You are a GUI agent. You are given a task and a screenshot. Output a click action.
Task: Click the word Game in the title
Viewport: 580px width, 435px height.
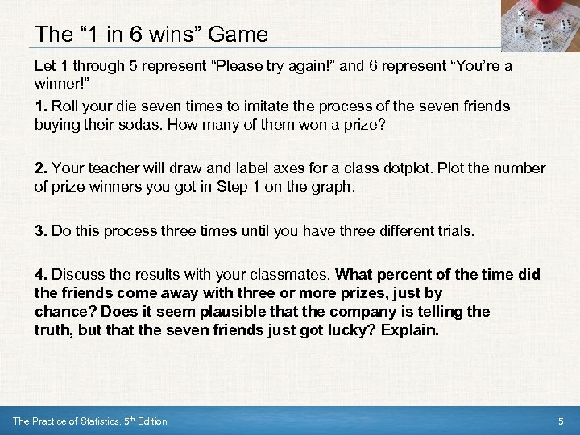pos(238,34)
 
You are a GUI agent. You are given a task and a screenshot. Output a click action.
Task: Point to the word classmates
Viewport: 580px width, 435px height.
pos(289,275)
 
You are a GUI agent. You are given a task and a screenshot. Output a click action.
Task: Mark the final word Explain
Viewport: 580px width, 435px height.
pos(410,330)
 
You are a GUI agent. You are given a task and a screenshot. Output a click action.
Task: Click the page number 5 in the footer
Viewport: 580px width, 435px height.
pos(561,421)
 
